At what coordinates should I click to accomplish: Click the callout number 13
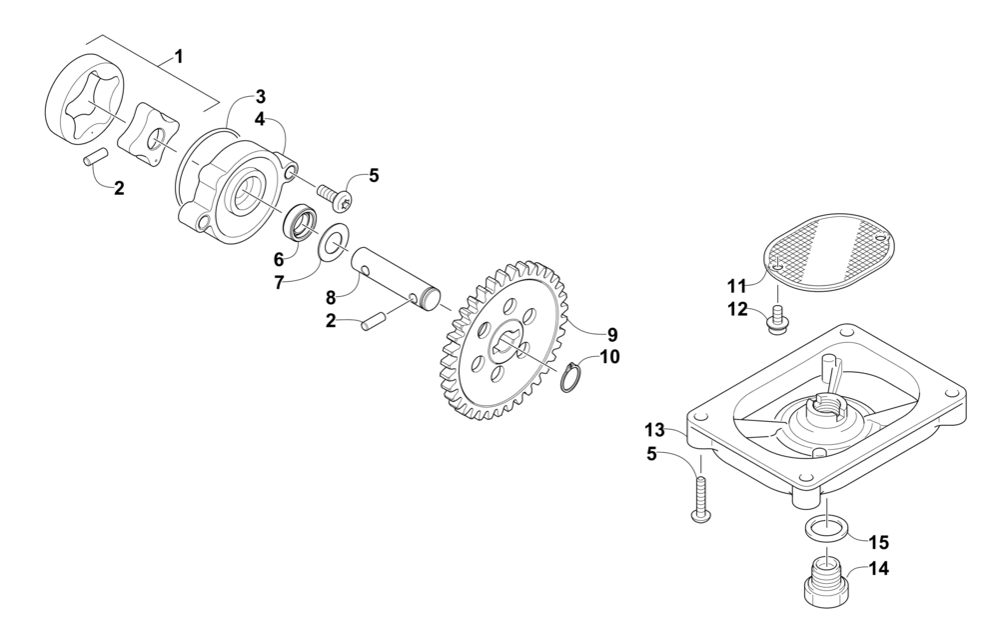coord(654,430)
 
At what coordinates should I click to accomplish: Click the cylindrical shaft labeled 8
coord(397,276)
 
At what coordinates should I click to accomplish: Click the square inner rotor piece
coord(149,131)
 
